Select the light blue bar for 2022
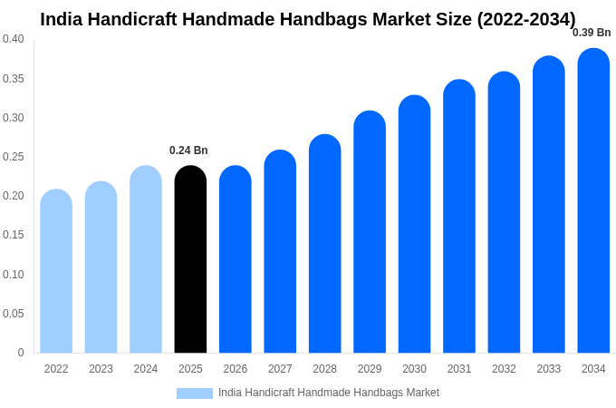(x=56, y=272)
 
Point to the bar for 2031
(x=459, y=218)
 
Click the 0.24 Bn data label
(x=188, y=151)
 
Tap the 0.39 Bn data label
(x=592, y=33)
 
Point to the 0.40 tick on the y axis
(x=14, y=39)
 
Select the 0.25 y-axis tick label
(x=14, y=157)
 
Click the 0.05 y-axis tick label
(x=14, y=314)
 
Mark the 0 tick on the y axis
(x=21, y=353)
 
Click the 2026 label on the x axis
(x=236, y=369)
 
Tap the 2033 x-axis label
(x=549, y=369)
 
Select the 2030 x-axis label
(x=414, y=369)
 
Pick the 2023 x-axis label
(x=101, y=369)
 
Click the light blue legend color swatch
(x=194, y=393)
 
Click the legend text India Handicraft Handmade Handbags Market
(x=329, y=393)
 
